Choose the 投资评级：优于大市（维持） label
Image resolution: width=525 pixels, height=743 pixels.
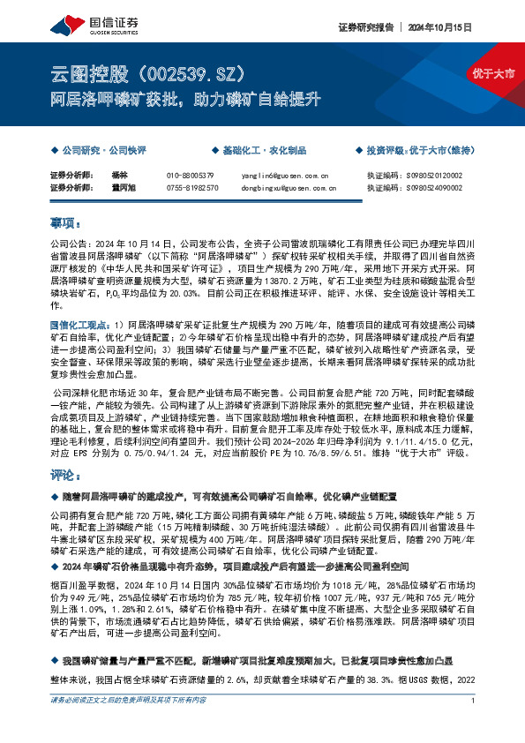pos(426,151)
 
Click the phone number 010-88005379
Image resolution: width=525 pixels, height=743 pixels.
pos(190,176)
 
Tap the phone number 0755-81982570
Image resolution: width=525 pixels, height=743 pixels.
pos(192,188)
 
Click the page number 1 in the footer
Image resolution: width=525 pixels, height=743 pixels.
pos(474,725)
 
